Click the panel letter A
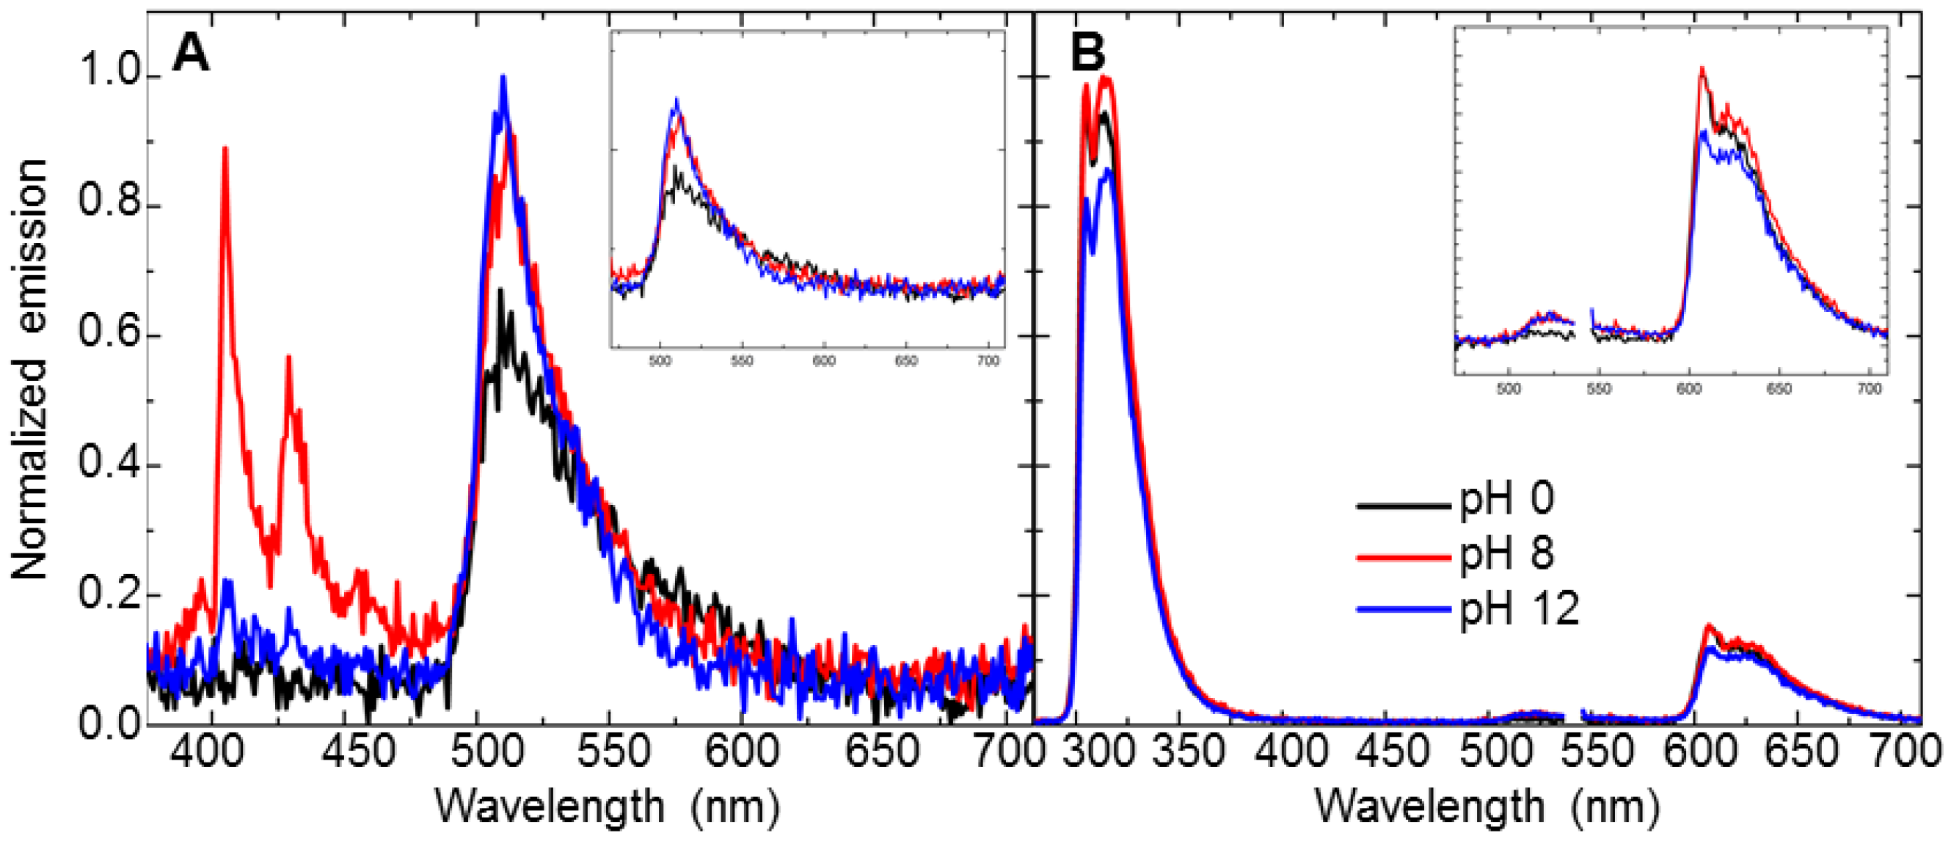click(x=190, y=54)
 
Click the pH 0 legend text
click(x=1506, y=499)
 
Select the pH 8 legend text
click(x=1506, y=553)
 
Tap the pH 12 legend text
click(x=1519, y=608)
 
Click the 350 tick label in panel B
click(x=1188, y=753)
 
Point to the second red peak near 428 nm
click(x=288, y=357)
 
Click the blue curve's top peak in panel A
click(x=502, y=76)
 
